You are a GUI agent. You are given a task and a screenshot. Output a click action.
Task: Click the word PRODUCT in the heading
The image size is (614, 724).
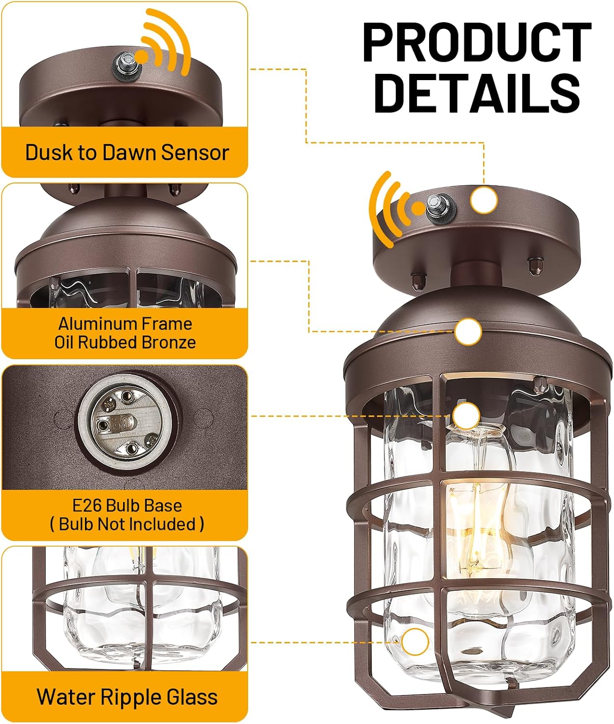tap(477, 42)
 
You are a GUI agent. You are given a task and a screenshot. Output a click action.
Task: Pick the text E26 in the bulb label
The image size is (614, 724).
tap(87, 505)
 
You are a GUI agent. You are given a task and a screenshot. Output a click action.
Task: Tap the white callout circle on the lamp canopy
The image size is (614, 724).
tap(484, 200)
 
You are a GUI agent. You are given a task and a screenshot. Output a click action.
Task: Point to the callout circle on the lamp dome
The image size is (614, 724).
tap(468, 332)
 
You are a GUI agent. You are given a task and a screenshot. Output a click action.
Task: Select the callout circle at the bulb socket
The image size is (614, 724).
tap(466, 416)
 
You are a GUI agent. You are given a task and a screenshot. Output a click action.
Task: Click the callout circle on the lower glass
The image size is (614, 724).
tap(415, 642)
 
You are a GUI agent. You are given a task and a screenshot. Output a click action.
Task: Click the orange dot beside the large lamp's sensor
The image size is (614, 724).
tap(418, 209)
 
